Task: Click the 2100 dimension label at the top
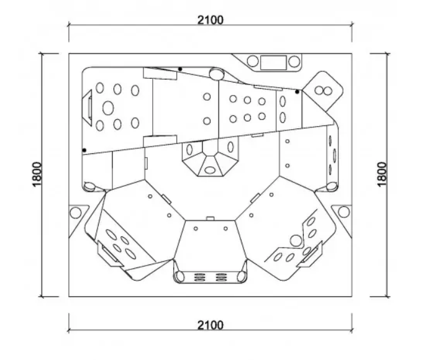[210, 20]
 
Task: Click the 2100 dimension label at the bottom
[210, 325]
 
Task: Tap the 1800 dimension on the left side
[37, 174]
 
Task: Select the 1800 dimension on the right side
[382, 174]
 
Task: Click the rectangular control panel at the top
[273, 62]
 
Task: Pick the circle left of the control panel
[253, 61]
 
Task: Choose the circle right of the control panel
[294, 61]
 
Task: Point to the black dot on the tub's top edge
[180, 69]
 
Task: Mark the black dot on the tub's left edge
[84, 150]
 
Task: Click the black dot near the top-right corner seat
[297, 91]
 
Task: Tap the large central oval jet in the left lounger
[108, 107]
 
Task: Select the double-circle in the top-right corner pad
[324, 91]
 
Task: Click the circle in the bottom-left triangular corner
[75, 213]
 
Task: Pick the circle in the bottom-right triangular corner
[343, 212]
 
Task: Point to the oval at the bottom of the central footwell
[210, 170]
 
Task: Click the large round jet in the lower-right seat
[296, 241]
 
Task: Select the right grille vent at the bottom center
[220, 277]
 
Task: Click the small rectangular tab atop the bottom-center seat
[210, 218]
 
